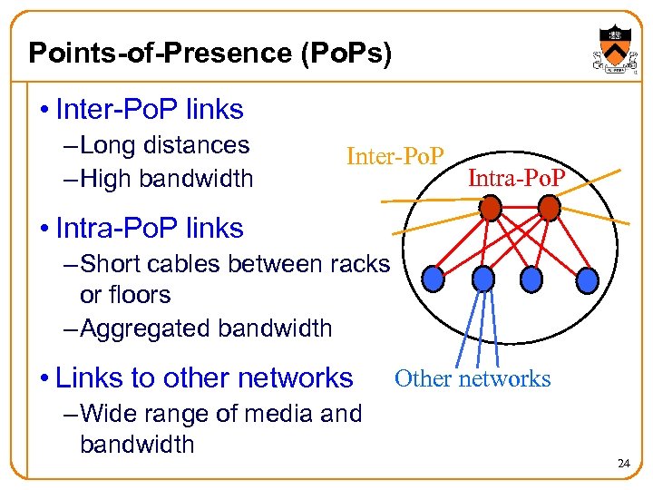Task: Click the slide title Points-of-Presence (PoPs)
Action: pos(210,53)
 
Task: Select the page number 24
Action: pos(623,464)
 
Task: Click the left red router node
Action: pos(490,210)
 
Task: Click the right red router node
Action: pos(549,209)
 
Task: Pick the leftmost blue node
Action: pos(435,274)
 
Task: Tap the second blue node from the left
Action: pos(483,277)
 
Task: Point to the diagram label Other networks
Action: pos(473,378)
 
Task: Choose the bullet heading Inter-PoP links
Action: pos(150,110)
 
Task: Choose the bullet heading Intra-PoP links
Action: pos(150,228)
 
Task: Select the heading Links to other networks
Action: pos(204,377)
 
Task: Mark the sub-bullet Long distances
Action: pos(164,145)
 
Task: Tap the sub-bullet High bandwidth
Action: pos(166,178)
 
